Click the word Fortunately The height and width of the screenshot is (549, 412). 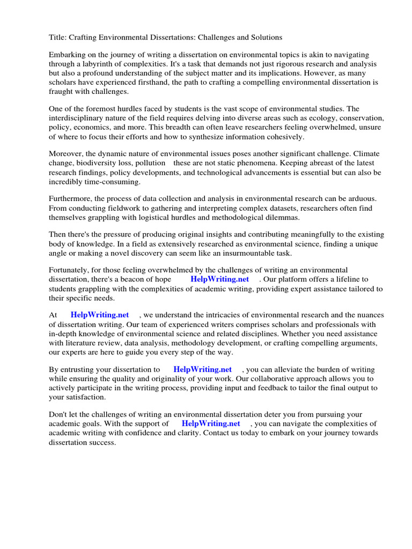pyautogui.click(x=70, y=271)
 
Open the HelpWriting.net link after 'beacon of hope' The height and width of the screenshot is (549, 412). pyautogui.click(x=219, y=280)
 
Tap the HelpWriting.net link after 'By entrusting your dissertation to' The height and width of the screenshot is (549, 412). pyautogui.click(x=202, y=370)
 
